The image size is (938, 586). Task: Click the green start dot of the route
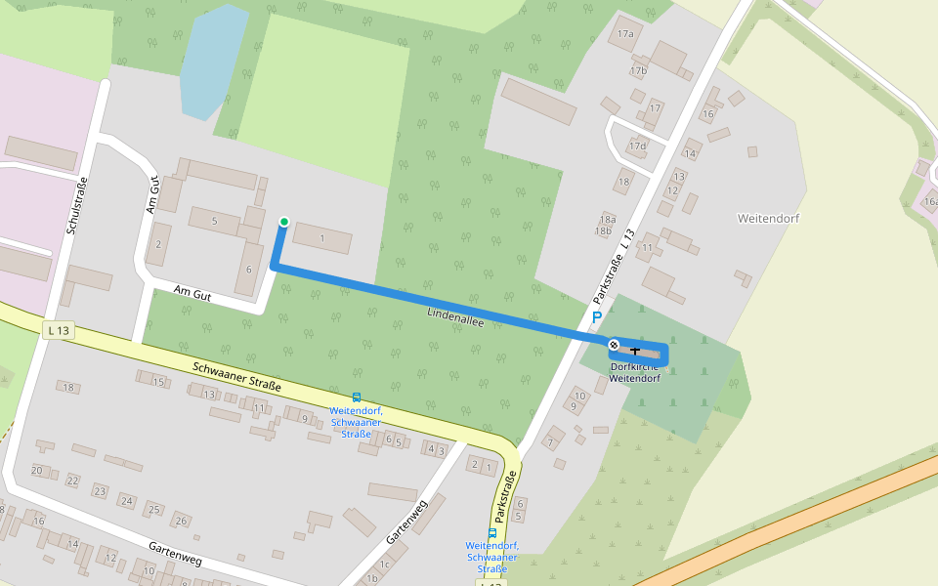[x=284, y=222]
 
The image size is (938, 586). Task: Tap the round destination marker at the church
[x=614, y=345]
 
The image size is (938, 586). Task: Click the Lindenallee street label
[x=455, y=316]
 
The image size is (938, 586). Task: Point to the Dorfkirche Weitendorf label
[x=635, y=372]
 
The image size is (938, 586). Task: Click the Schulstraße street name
[x=77, y=206]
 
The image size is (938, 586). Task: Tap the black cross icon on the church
[x=636, y=350]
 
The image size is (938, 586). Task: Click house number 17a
[x=625, y=34]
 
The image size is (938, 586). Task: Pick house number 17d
[x=638, y=146]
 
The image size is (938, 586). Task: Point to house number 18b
[x=603, y=231]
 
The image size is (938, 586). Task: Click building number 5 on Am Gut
[x=214, y=221]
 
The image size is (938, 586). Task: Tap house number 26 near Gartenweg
[x=181, y=520]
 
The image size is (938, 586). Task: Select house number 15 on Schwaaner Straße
[x=158, y=381]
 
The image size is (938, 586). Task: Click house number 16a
[x=930, y=202]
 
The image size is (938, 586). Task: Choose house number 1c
[x=385, y=565]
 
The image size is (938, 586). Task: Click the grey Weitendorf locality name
[x=769, y=219]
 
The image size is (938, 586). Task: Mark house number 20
[x=37, y=471]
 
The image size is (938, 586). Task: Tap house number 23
[x=100, y=490]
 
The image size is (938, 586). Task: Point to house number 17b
[x=639, y=70]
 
